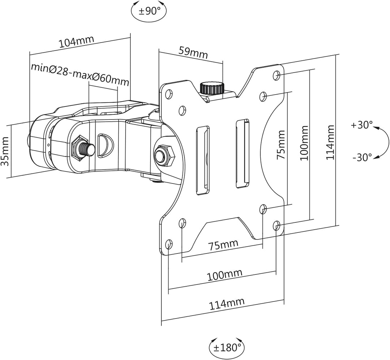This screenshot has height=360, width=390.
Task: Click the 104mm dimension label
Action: tap(76, 42)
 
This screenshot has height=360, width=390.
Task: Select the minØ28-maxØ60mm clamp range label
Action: tap(80, 74)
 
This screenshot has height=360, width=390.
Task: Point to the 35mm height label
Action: tap(5, 151)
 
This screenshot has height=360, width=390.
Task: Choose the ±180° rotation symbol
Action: tap(227, 347)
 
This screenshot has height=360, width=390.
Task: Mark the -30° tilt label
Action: tap(362, 157)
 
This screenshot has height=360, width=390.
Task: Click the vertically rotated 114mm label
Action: tap(330, 143)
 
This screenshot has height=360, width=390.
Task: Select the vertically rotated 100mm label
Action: tap(304, 143)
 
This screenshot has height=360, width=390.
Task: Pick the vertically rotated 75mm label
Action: tap(281, 145)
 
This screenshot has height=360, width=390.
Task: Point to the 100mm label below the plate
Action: tap(224, 275)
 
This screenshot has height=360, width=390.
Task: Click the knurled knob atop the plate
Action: tap(212, 88)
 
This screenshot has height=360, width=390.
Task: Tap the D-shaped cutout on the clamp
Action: tap(105, 146)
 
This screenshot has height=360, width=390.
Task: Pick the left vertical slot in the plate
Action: tap(203, 160)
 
